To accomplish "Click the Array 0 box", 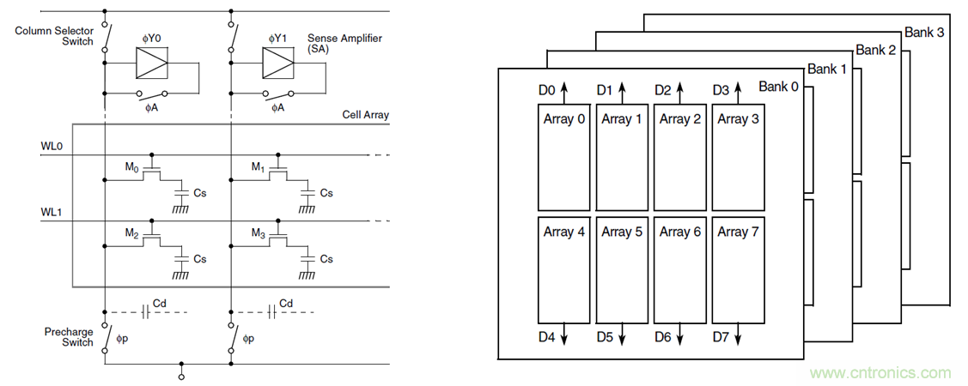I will (x=563, y=158).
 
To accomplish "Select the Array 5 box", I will (x=622, y=269).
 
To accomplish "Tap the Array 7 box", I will (x=738, y=269).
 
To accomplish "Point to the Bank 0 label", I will (x=778, y=87).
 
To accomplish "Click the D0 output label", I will (x=545, y=89).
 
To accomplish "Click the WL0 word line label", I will (x=52, y=147).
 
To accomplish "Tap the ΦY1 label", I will (x=278, y=39).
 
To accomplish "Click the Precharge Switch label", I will (x=70, y=336).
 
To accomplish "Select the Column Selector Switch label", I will (x=55, y=37).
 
